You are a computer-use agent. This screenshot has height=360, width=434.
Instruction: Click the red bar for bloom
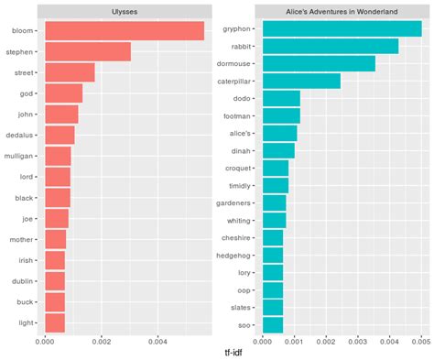click(125, 31)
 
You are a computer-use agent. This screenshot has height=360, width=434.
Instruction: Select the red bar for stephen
click(88, 52)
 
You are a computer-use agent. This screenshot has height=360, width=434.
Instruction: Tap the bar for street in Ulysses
click(70, 73)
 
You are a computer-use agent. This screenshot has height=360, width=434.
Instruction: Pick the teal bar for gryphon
click(342, 29)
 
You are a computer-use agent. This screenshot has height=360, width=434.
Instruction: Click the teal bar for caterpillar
click(301, 81)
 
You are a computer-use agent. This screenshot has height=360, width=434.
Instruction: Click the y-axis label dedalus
click(19, 136)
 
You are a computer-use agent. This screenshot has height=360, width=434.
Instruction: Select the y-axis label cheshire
click(238, 237)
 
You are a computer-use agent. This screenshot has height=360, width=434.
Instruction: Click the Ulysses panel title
click(125, 11)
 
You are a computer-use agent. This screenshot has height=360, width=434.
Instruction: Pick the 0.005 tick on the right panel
click(420, 342)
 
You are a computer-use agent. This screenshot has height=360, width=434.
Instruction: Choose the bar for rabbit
click(331, 46)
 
